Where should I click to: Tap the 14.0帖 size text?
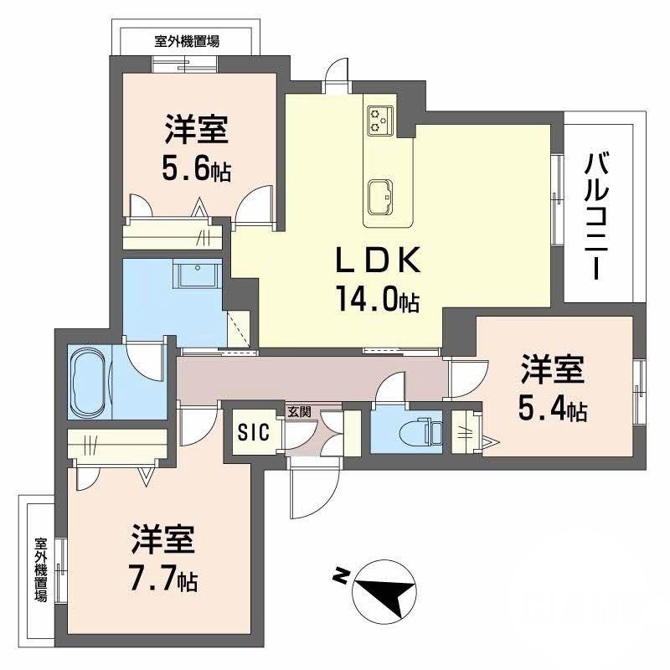point(377,300)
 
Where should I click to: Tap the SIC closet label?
point(253,432)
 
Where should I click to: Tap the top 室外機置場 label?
point(188,39)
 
